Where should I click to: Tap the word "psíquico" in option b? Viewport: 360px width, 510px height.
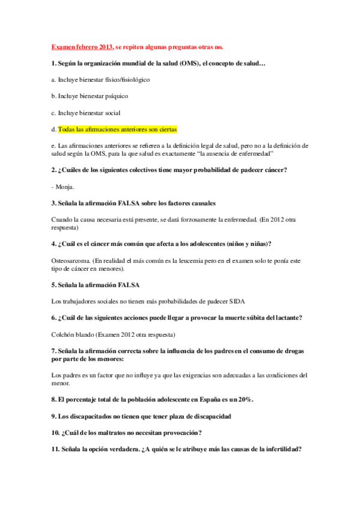(x=116, y=96)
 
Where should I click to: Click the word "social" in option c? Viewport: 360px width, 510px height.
(x=112, y=112)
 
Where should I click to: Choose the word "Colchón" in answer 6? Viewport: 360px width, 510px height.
(x=64, y=334)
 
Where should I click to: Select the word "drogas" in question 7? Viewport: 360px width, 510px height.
(x=290, y=351)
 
